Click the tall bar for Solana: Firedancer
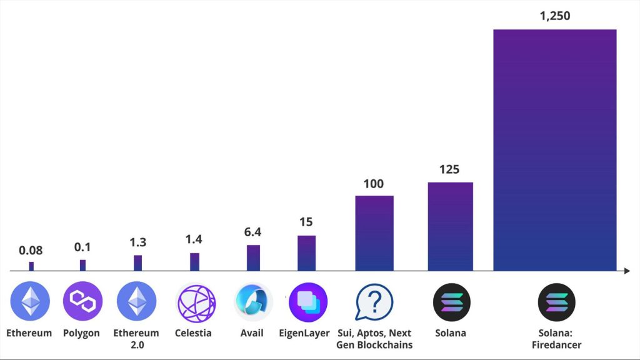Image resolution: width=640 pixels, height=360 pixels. click(554, 150)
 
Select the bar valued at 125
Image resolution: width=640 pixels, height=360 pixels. click(450, 226)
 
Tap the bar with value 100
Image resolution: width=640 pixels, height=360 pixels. click(374, 233)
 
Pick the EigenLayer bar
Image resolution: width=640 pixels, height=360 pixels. click(306, 253)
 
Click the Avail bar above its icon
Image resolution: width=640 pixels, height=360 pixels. click(253, 258)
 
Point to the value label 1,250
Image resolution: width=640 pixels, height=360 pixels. click(554, 16)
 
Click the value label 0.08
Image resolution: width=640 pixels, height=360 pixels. click(31, 251)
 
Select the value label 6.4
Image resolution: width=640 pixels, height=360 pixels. click(253, 232)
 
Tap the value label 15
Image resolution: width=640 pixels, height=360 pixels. click(306, 222)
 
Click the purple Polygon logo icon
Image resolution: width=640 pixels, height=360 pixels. click(82, 301)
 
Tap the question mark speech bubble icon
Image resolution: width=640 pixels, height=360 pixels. click(374, 302)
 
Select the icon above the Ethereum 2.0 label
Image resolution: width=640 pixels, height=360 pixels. click(136, 301)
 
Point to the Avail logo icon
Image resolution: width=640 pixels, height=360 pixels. click(253, 302)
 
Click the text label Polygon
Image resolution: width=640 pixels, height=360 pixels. click(81, 333)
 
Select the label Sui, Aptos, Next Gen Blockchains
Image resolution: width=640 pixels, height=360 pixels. click(374, 339)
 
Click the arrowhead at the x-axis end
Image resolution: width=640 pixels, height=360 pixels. click(626, 271)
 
